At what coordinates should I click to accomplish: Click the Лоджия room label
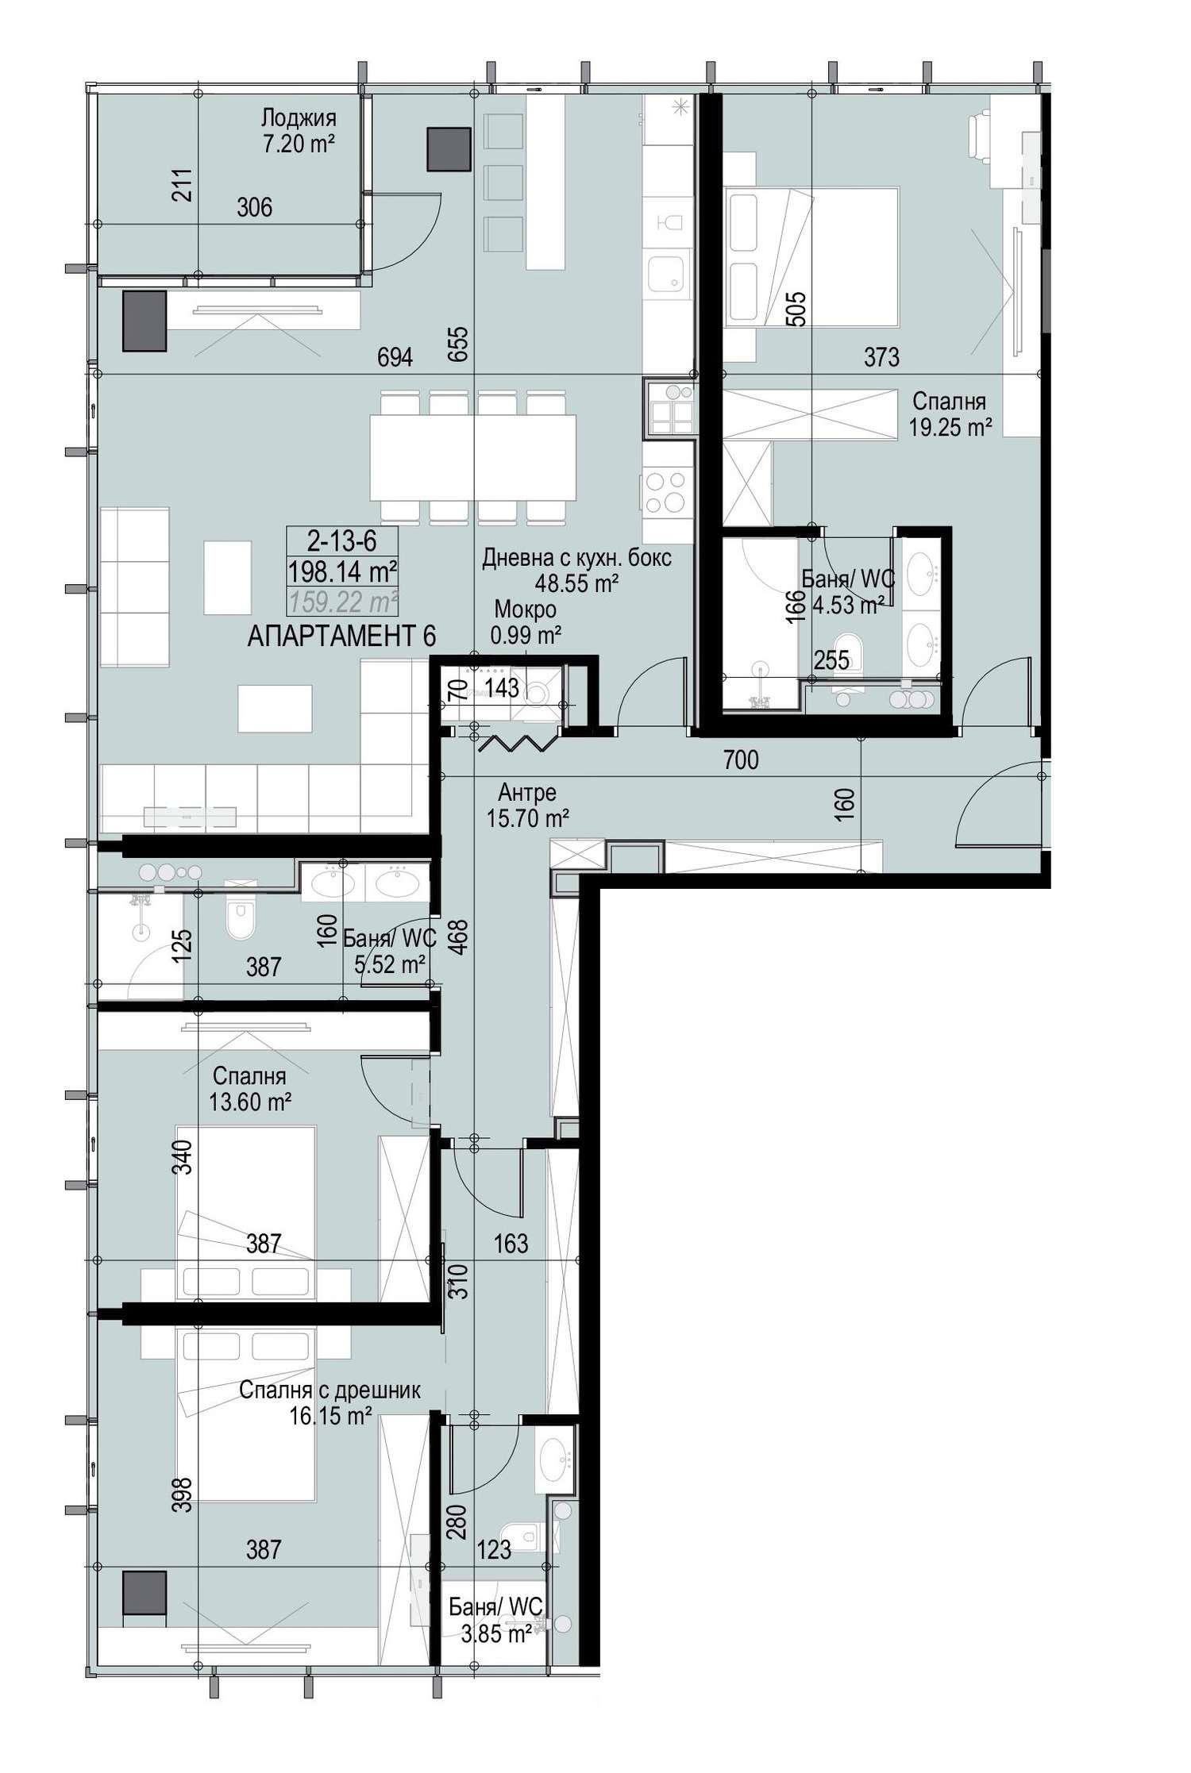tap(299, 118)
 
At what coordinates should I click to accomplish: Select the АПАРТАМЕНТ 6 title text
tap(341, 636)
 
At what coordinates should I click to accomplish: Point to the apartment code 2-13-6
tap(342, 541)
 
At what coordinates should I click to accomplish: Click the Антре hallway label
tap(527, 791)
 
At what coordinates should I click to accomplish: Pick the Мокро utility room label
tap(525, 609)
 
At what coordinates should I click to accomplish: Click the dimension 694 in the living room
tap(395, 358)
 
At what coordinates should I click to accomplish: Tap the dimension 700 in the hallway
tap(741, 760)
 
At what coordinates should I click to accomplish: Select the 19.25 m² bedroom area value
tap(950, 428)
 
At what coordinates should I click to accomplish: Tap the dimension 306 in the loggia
tap(254, 207)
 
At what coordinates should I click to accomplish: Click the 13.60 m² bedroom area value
tap(250, 1102)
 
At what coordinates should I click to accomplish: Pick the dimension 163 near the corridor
tap(511, 1243)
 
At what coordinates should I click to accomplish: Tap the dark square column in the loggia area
tap(449, 149)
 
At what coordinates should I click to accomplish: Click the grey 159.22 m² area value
tap(344, 602)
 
